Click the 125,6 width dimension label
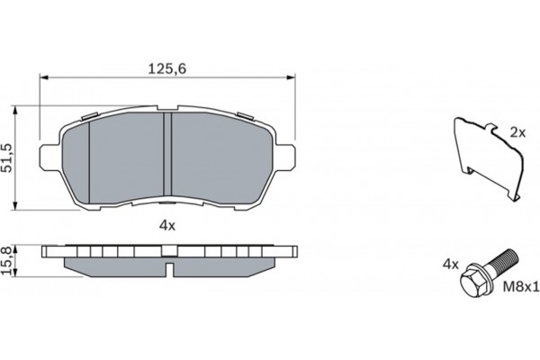(167, 69)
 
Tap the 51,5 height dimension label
(7, 157)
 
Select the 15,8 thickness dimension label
(6, 260)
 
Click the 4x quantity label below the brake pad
(167, 226)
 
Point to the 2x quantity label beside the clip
(517, 132)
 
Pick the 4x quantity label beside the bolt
(451, 265)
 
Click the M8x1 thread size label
(521, 286)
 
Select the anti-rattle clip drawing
(489, 159)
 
